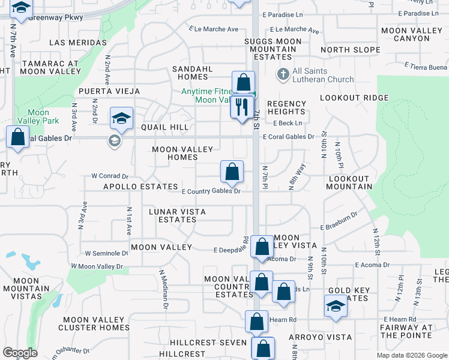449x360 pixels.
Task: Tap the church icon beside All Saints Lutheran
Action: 283,75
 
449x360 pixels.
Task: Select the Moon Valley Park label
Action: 38,116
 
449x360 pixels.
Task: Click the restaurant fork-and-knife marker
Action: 243,108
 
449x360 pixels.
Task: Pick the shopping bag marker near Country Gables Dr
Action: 232,172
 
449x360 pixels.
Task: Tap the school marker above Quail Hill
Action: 121,119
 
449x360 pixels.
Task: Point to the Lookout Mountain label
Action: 349,183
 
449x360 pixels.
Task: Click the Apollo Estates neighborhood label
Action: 141,187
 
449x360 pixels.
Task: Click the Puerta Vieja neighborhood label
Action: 109,91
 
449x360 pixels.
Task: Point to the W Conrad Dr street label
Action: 110,176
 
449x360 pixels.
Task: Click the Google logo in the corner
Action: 20,353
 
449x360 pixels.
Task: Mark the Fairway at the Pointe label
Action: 406,331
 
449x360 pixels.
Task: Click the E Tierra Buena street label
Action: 426,67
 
